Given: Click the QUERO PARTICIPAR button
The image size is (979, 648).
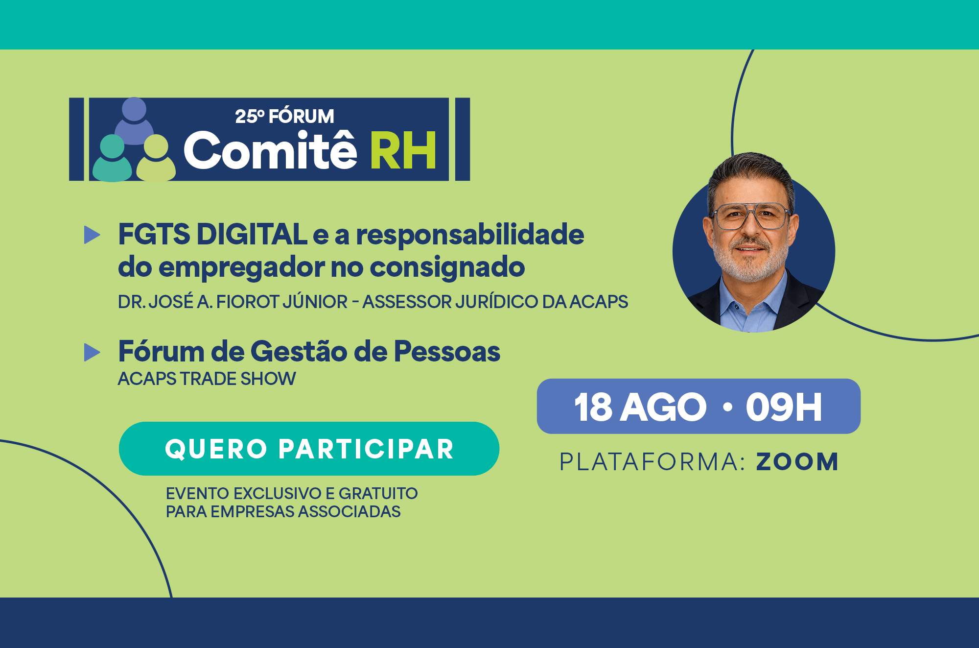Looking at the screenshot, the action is pyautogui.click(x=309, y=449).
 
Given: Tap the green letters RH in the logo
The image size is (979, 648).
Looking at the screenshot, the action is pyautogui.click(x=403, y=151).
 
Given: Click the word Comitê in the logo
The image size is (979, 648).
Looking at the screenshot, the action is pyautogui.click(x=270, y=149).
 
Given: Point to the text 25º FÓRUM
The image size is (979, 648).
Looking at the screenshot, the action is pyautogui.click(x=284, y=117).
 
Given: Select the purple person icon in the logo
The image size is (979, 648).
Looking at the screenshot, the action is pyautogui.click(x=134, y=120).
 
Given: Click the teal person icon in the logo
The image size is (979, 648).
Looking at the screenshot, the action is pyautogui.click(x=112, y=158).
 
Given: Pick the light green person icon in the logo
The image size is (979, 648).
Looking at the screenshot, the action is pyautogui.click(x=156, y=158).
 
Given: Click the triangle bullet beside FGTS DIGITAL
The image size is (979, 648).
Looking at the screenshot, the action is pyautogui.click(x=92, y=235).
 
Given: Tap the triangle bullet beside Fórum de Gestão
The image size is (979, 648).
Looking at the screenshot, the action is pyautogui.click(x=92, y=352).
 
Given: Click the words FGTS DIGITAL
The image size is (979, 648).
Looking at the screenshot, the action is pyautogui.click(x=212, y=234).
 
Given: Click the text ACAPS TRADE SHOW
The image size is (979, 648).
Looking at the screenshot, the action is pyautogui.click(x=207, y=379).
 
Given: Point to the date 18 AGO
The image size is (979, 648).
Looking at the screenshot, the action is pyautogui.click(x=640, y=407).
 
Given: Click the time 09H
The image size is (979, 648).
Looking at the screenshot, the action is pyautogui.click(x=784, y=407).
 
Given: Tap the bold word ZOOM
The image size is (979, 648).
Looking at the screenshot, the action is pyautogui.click(x=797, y=462).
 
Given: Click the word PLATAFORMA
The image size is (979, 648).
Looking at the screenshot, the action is pyautogui.click(x=653, y=462).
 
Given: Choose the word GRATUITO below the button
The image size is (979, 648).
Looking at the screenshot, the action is pyautogui.click(x=378, y=493).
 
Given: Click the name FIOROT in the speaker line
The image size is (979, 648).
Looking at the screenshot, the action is pyautogui.click(x=248, y=302).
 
